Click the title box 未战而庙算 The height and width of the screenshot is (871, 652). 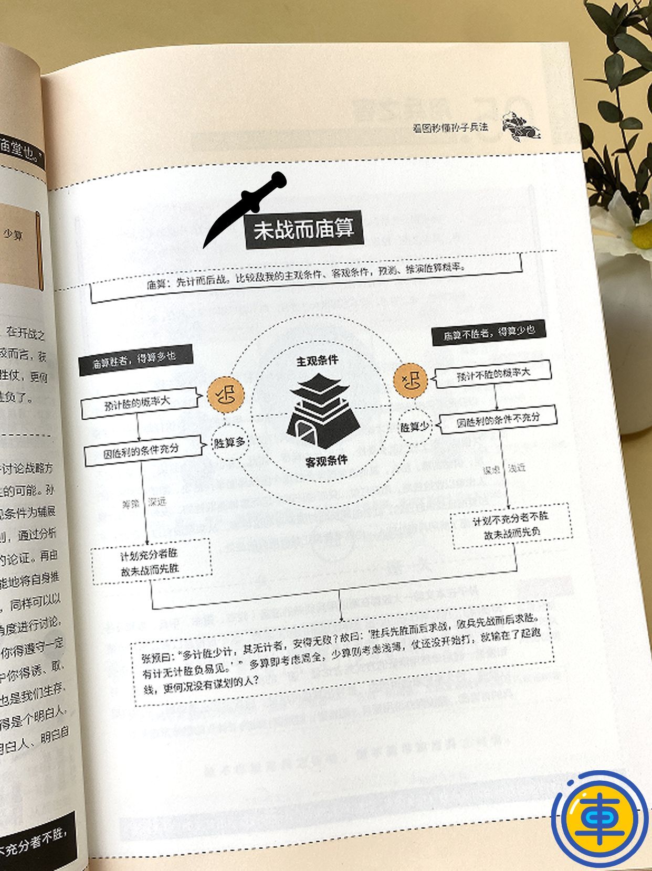point(304,230)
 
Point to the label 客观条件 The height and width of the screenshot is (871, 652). point(327,461)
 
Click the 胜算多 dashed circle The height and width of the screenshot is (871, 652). point(229,442)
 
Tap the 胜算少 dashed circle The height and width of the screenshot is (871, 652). point(414,427)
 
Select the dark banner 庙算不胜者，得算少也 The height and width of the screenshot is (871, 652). point(488,332)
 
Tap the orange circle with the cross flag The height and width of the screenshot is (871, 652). point(410,379)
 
